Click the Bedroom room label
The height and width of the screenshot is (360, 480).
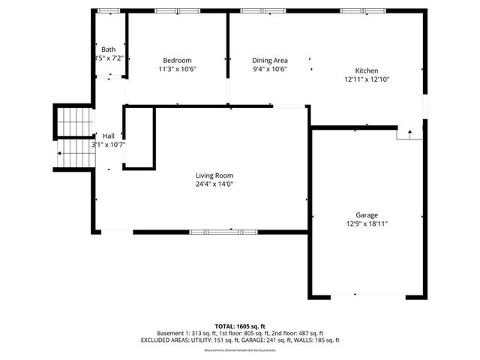pyautogui.click(x=178, y=61)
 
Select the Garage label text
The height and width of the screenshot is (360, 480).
pyautogui.click(x=367, y=214)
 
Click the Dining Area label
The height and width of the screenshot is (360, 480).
pyautogui.click(x=270, y=61)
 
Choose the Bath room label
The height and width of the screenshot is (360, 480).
pyautogui.click(x=109, y=49)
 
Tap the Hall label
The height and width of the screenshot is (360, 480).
pyautogui.click(x=109, y=136)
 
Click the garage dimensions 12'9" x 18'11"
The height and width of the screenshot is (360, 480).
pyautogui.click(x=367, y=223)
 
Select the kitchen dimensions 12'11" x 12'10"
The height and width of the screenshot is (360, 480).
pyautogui.click(x=367, y=79)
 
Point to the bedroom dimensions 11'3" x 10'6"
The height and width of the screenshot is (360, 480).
pyautogui.click(x=178, y=69)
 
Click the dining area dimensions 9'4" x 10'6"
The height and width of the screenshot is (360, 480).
pyautogui.click(x=270, y=69)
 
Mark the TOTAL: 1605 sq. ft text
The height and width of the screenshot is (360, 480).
pyautogui.click(x=239, y=326)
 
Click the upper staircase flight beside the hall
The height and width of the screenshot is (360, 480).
pyautogui.click(x=74, y=122)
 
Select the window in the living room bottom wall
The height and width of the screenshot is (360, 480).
pyautogui.click(x=213, y=232)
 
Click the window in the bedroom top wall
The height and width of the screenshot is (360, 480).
pyautogui.click(x=178, y=11)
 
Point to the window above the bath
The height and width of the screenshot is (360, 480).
pyautogui.click(x=109, y=11)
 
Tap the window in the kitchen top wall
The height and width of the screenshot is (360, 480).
pyautogui.click(x=353, y=11)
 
